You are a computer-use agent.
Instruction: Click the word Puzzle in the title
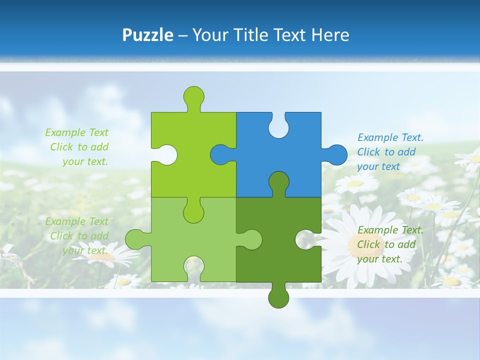[148, 35]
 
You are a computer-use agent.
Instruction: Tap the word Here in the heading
[330, 35]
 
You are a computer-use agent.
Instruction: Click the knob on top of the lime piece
[194, 95]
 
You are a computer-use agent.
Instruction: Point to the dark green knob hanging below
[278, 298]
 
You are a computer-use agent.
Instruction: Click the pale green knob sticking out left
[135, 239]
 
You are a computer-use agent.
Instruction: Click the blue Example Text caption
[390, 152]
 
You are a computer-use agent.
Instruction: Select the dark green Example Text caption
[390, 244]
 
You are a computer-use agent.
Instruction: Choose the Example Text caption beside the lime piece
[77, 147]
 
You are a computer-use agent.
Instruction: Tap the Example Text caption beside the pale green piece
[77, 236]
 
